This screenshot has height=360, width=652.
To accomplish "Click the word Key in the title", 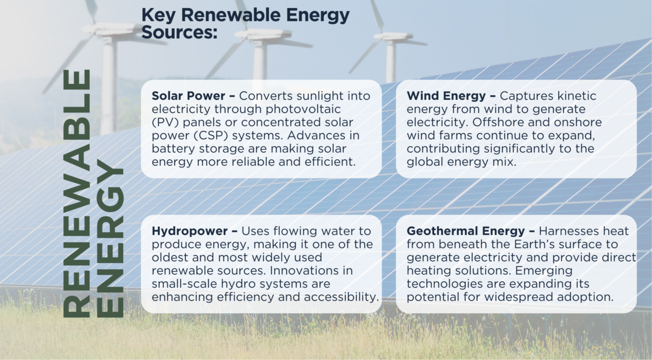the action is click(158, 15).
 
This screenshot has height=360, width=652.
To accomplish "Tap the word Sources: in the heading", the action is click(179, 32).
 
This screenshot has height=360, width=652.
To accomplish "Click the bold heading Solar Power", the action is click(188, 96).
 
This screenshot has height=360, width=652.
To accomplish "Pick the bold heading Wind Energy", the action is click(446, 96).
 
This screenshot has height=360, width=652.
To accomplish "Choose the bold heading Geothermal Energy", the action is click(466, 231).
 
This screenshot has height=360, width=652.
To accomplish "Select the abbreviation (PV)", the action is click(165, 123).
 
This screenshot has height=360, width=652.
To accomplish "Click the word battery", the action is click(173, 149).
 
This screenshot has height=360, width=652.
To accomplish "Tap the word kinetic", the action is click(577, 96).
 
